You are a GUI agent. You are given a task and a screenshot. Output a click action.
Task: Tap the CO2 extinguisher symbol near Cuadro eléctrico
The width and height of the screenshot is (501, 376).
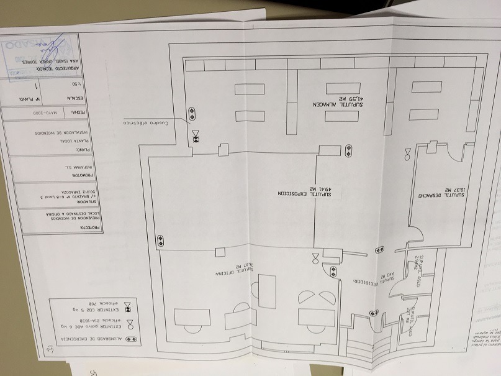click(x=196, y=137)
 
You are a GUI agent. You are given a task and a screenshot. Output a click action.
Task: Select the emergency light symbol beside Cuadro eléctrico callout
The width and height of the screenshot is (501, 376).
click(x=192, y=114)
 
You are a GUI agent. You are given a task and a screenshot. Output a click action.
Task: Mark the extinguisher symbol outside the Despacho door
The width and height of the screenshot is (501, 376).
click(x=407, y=154)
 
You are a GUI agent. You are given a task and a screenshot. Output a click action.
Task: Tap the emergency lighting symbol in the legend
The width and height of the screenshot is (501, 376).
click(x=130, y=339)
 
